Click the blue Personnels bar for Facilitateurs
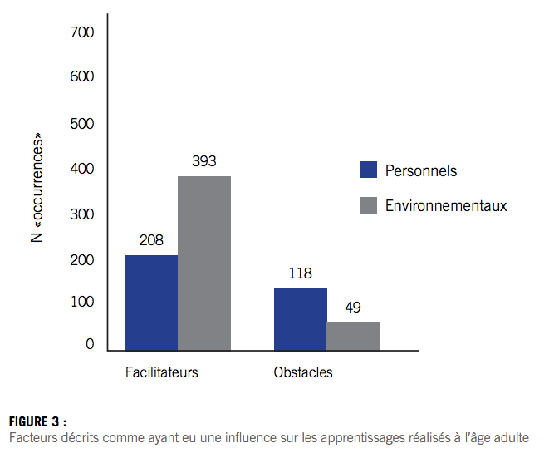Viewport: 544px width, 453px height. point(151,303)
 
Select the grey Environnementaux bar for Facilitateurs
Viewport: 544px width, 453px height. point(204,263)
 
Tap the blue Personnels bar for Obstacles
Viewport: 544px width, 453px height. point(301,318)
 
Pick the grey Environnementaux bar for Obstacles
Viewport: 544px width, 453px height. point(353,336)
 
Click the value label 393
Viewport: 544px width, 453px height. point(204,161)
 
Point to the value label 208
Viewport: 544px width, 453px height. point(151,240)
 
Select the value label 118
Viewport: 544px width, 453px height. point(300,273)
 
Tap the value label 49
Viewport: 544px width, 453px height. point(353,308)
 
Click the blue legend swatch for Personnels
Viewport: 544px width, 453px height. point(369,170)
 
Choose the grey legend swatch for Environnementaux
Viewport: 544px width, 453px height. point(369,205)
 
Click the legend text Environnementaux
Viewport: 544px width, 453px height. point(446,205)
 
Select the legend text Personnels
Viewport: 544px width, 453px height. point(421,171)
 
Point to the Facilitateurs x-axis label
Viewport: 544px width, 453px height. point(162,372)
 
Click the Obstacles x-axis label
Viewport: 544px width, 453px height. point(303,372)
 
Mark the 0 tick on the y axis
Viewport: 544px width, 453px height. point(90,345)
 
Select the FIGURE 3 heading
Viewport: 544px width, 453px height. point(38,421)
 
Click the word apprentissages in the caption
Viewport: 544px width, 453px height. point(329,437)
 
